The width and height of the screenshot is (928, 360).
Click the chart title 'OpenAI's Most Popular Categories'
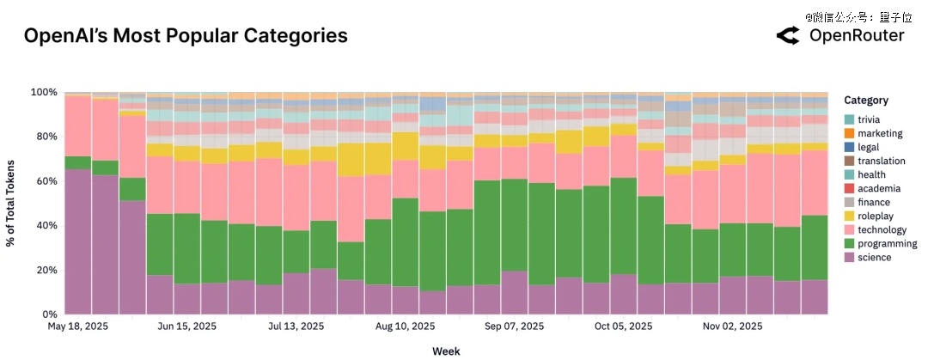(x=186, y=36)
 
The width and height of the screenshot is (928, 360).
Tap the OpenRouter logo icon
(x=788, y=35)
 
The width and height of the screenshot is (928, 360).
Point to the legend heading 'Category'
(x=866, y=100)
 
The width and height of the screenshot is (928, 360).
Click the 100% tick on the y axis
(x=45, y=92)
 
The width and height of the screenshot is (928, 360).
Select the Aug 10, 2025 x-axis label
(x=406, y=326)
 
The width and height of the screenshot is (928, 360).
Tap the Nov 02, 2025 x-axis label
(x=733, y=326)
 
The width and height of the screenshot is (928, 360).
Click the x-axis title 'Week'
(x=446, y=351)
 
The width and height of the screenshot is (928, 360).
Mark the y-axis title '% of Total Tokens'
(x=11, y=203)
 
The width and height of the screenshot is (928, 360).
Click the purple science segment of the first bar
(x=78, y=241)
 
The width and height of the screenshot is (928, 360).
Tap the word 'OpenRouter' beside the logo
(x=857, y=35)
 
